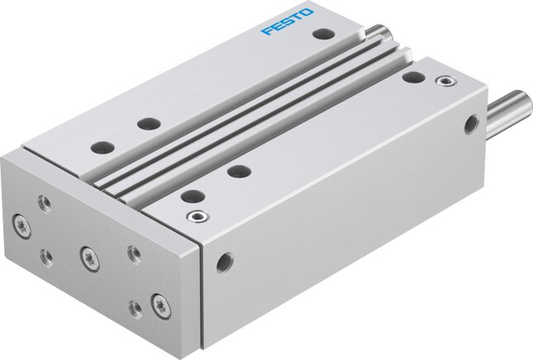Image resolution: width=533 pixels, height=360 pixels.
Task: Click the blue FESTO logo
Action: (288, 22)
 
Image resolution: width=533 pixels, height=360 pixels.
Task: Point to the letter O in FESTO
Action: (307, 13)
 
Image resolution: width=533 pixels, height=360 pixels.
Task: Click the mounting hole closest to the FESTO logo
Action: (324, 34)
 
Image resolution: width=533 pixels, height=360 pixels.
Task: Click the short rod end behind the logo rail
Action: (379, 31)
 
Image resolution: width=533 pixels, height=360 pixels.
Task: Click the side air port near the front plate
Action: (225, 263)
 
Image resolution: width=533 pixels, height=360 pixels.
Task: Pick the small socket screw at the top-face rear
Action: (445, 81)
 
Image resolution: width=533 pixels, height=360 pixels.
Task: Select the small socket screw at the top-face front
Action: (197, 216)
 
